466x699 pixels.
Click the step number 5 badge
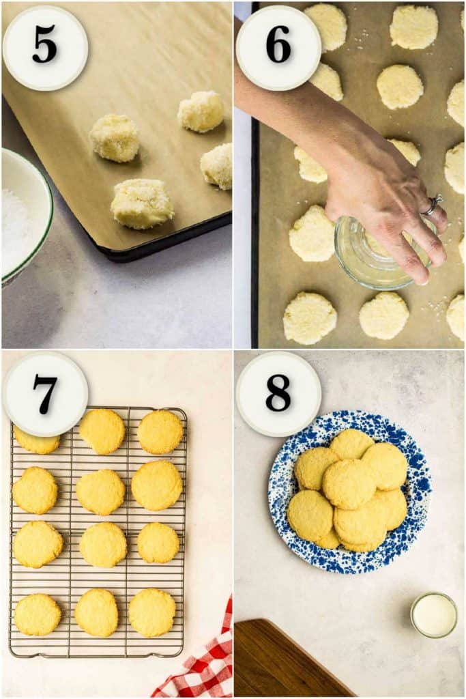click(45, 48)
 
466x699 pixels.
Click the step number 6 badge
click(278, 48)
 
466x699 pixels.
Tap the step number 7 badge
click(45, 394)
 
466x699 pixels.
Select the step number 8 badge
click(278, 394)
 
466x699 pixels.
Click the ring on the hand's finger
click(432, 205)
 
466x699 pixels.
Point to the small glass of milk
click(434, 615)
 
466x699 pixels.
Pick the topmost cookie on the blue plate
click(351, 444)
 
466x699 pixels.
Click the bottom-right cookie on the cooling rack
click(152, 612)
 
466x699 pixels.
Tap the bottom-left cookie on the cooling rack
click(37, 614)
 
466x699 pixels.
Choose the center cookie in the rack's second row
click(100, 492)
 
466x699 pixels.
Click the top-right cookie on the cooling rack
click(160, 431)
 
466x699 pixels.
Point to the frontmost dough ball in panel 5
click(142, 203)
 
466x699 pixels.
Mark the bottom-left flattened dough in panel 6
click(309, 318)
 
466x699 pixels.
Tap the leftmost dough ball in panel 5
click(115, 138)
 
